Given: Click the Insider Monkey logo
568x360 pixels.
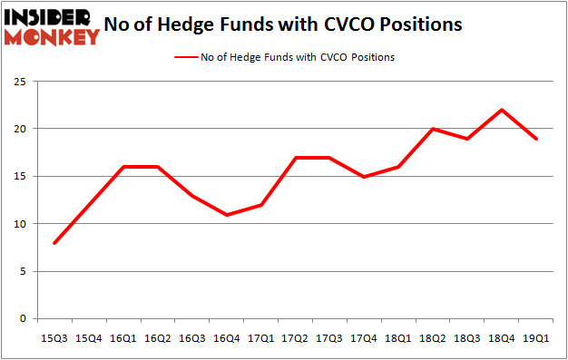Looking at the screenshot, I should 51,25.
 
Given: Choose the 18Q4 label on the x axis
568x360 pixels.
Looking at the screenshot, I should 502,338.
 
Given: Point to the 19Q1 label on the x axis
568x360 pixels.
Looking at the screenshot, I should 536,338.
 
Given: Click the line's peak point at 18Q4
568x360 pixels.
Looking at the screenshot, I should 502,110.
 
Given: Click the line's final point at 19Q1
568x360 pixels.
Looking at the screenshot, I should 536,138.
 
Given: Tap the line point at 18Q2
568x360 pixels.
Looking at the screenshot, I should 434,129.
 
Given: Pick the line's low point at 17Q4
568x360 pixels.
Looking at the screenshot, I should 365,176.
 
